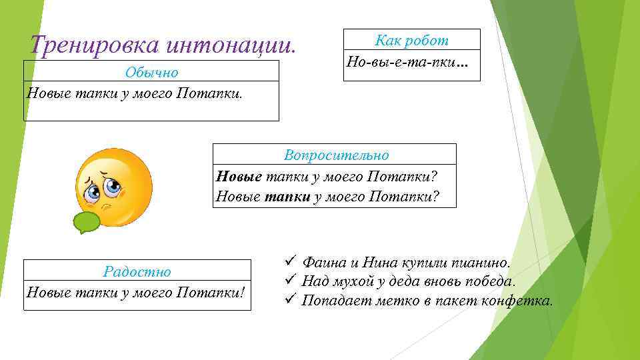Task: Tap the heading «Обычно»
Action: coord(151,71)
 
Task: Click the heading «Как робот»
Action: coord(411,40)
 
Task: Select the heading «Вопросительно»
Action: coord(335,155)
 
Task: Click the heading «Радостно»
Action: coord(137,271)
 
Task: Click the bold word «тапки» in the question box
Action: coord(288,197)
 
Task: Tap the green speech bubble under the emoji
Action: coord(85,222)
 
